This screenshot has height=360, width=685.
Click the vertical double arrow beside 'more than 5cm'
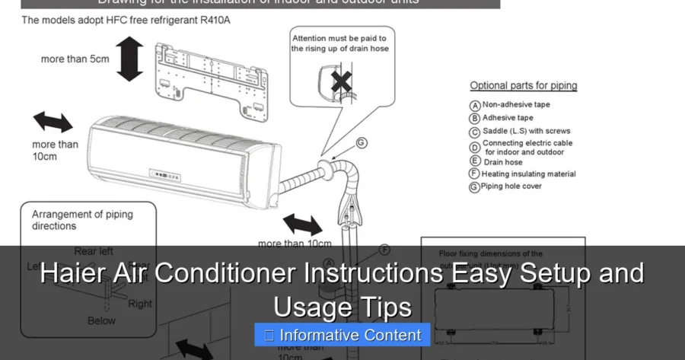(129, 61)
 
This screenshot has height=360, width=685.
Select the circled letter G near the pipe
(362, 142)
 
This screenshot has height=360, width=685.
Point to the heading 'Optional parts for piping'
(523, 86)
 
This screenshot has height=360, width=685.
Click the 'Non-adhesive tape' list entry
(515, 104)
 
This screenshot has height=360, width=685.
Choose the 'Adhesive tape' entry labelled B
(507, 118)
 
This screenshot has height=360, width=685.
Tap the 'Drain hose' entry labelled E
(502, 161)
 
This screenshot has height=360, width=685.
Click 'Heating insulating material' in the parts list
(527, 174)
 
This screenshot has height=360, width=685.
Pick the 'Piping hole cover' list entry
(511, 186)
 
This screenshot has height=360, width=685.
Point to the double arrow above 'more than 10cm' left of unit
(53, 121)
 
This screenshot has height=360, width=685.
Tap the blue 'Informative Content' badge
(342, 335)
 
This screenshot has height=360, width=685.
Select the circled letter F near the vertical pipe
(384, 249)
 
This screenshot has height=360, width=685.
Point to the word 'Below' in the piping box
(101, 321)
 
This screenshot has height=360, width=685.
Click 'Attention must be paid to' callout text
(339, 37)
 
